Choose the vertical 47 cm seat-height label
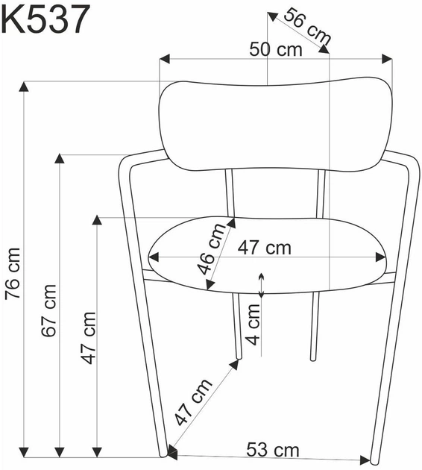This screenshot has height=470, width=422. [88, 336]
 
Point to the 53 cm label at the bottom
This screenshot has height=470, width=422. [273, 450]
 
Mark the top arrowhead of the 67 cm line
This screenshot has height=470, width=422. [59, 159]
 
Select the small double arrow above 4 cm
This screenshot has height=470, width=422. [261, 284]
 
